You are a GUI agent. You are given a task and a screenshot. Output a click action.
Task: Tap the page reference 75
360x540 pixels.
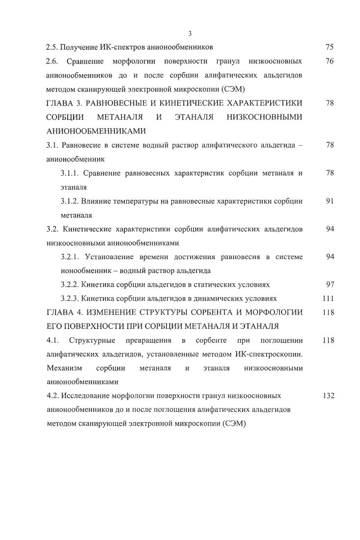(330, 48)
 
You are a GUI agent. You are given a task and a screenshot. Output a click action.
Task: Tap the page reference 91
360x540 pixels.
(330, 201)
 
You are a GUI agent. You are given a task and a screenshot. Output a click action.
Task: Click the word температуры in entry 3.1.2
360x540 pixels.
(138, 201)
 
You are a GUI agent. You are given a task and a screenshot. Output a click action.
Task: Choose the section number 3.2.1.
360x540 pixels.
(70, 257)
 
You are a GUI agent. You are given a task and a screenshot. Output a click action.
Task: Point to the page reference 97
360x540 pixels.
(330, 284)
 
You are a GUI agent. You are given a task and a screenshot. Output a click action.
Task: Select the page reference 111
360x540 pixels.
(328, 298)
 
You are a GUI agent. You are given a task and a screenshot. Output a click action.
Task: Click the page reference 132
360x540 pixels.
(328, 395)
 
